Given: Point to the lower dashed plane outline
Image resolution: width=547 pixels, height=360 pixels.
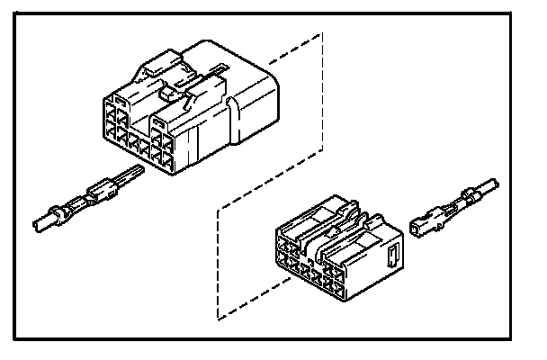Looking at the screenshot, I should [x=219, y=261].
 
